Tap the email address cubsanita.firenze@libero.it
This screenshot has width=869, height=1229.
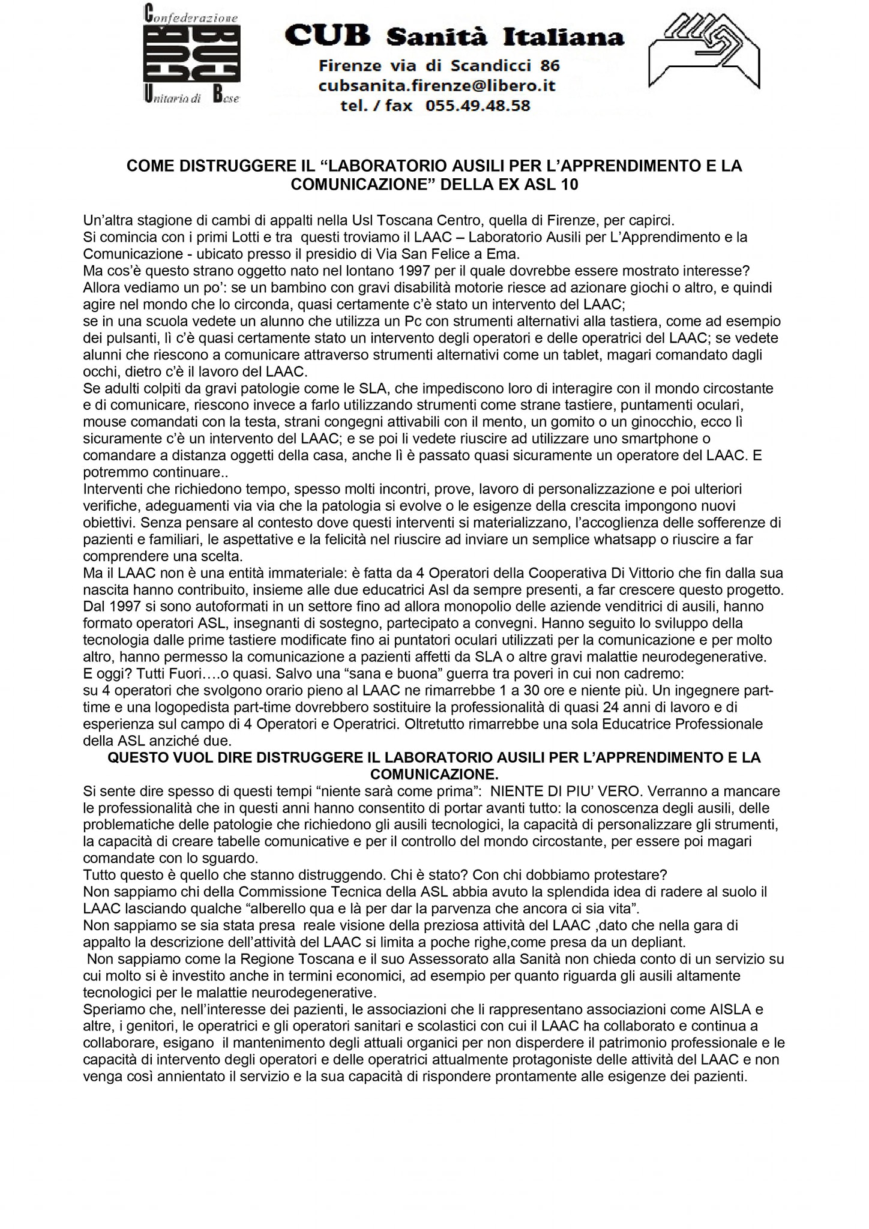[x=437, y=86]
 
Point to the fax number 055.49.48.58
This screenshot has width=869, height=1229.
[x=478, y=106]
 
